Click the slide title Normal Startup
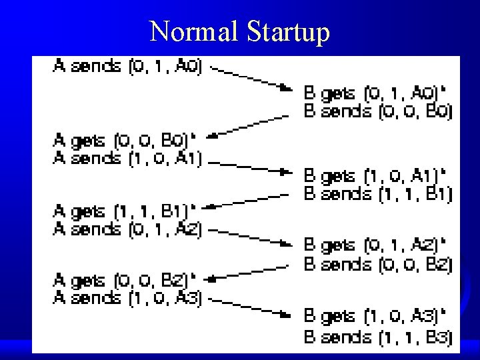click(x=239, y=31)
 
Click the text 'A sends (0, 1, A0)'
click(x=127, y=67)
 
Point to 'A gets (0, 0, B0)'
click(x=125, y=141)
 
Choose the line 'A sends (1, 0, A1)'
click(x=128, y=159)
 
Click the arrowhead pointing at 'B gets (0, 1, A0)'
click(x=287, y=87)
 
